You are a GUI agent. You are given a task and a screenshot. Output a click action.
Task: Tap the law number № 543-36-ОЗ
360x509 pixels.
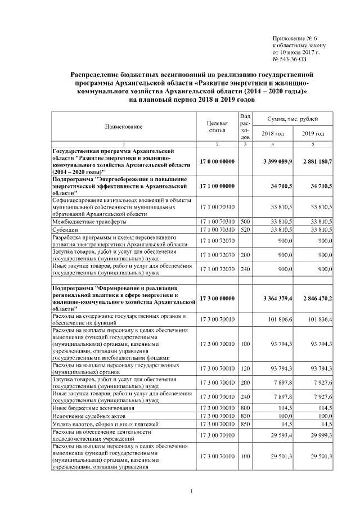click(x=290, y=59)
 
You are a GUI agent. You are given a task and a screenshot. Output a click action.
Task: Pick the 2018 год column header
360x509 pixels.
click(x=273, y=133)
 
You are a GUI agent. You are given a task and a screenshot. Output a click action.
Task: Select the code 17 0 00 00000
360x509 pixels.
click(x=217, y=161)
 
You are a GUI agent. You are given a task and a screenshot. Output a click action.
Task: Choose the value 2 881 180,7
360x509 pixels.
click(x=317, y=161)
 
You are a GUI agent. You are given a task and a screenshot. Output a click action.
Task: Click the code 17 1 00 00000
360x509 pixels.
click(x=217, y=185)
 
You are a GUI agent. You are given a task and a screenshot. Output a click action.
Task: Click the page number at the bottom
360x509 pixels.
click(x=192, y=493)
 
